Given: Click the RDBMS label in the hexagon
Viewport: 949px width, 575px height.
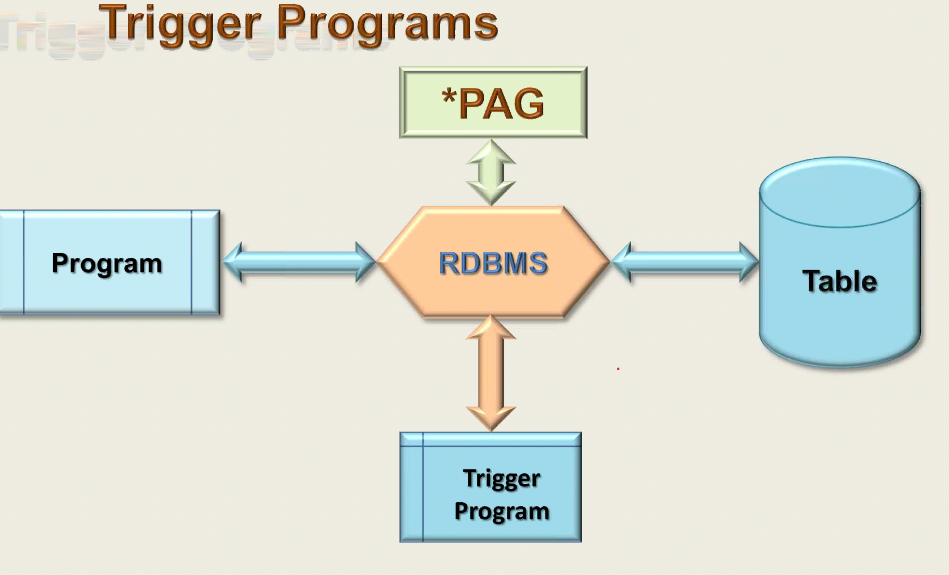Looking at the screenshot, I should [x=493, y=264].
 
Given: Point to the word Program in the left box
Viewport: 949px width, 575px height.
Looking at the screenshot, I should [x=107, y=264].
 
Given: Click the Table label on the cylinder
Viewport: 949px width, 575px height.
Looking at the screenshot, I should [x=840, y=281].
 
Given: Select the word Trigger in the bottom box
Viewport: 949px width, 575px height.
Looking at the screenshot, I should [x=502, y=479].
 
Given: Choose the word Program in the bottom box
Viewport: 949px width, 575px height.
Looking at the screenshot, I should [x=502, y=512].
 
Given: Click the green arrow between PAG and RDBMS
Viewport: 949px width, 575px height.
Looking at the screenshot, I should [x=491, y=172].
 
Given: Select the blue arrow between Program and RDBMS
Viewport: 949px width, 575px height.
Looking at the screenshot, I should [x=299, y=262].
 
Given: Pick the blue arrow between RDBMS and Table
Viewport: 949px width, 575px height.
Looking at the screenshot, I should [x=685, y=262].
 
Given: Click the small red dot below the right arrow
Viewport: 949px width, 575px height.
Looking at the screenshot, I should [x=618, y=369].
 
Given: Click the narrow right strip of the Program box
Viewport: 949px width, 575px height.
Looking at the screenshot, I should [x=205, y=262].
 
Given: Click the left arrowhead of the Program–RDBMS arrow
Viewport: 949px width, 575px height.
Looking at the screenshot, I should [x=233, y=262].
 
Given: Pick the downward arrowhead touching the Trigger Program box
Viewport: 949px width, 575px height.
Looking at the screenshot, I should [x=491, y=418].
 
